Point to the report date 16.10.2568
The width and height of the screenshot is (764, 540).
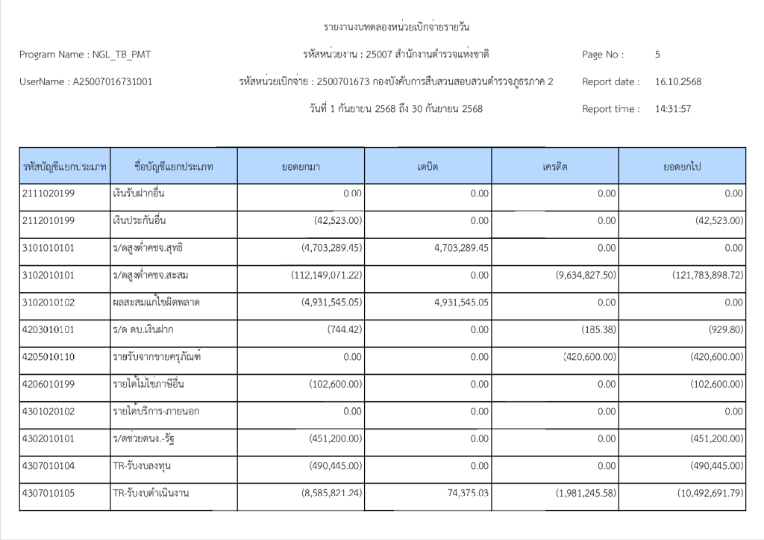pos(677,81)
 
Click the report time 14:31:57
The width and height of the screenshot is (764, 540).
pos(672,109)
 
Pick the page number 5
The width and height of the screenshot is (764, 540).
pos(657,55)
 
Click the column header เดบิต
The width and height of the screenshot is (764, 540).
pos(428,167)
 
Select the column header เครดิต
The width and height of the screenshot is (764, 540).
pos(554,167)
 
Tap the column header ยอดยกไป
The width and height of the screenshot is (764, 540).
pos(681,167)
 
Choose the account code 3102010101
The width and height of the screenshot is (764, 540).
pos(48,275)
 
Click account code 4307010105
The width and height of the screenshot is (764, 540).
pos(48,493)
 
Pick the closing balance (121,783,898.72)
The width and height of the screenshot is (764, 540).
pos(702,275)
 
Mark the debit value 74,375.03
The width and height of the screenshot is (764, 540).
pos(463,493)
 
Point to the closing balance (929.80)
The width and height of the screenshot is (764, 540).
pos(722,329)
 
